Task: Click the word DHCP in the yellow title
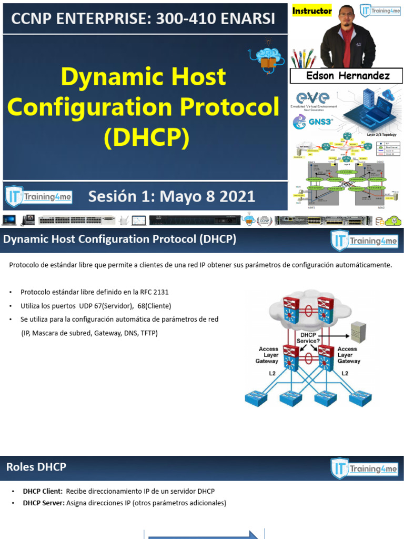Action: pyautogui.click(x=146, y=138)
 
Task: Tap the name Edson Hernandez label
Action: pyautogui.click(x=348, y=76)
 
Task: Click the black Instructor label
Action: pyautogui.click(x=312, y=11)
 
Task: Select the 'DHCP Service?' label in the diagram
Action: pyautogui.click(x=308, y=337)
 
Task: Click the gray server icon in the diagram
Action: pyautogui.click(x=358, y=332)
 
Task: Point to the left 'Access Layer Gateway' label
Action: pyautogui.click(x=268, y=355)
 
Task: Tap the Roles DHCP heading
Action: pyautogui.click(x=36, y=467)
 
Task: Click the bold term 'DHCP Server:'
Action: pyautogui.click(x=44, y=503)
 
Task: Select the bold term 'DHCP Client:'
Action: pyautogui.click(x=43, y=491)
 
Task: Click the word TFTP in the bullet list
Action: pyautogui.click(x=148, y=333)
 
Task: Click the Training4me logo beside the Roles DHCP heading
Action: pyautogui.click(x=363, y=468)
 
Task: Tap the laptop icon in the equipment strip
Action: pyautogui.click(x=9, y=219)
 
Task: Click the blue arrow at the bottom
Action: pyautogui.click(x=203, y=534)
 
